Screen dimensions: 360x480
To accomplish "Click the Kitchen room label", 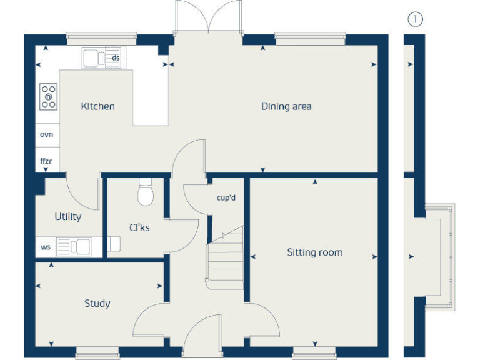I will tap(97, 106).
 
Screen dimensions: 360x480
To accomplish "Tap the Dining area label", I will tap(286, 106).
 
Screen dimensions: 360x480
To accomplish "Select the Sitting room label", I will tap(314, 252).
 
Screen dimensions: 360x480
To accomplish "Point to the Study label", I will tap(97, 304).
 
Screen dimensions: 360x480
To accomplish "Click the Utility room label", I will tap(67, 217).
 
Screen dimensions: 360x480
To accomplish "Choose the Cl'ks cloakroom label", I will tap(139, 228).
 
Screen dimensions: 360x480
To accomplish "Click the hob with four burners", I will tap(48, 97).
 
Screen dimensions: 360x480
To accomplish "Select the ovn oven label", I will tap(47, 134).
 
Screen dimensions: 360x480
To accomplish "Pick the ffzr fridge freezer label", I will tap(46, 161).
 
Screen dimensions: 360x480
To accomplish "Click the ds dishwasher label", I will tap(116, 58).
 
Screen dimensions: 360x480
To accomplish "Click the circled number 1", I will tap(415, 19).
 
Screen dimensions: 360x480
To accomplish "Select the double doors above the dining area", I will tap(209, 17).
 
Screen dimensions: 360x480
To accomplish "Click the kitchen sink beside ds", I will tap(95, 58).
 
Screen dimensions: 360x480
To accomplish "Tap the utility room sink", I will tap(80, 247).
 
